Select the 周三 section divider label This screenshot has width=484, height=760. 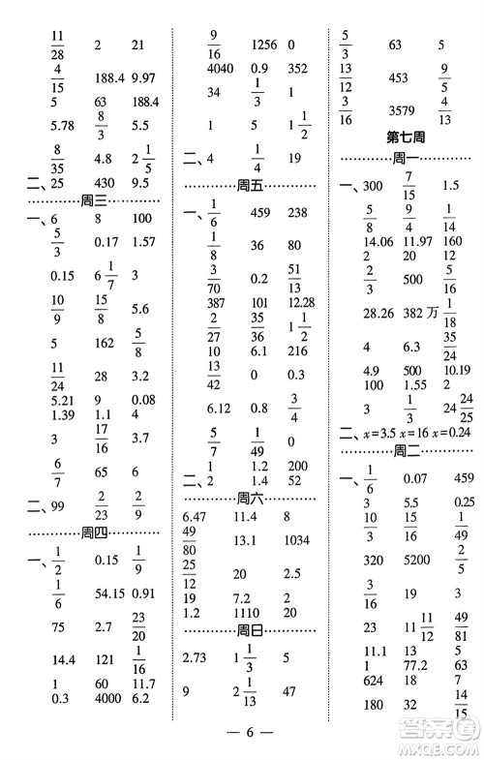(x=95, y=200)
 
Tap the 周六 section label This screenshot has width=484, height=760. (x=251, y=498)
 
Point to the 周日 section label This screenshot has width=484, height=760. (x=251, y=631)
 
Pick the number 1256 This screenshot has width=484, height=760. (x=263, y=44)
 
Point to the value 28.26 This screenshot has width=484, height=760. (x=352, y=314)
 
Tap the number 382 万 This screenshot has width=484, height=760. (x=401, y=314)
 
